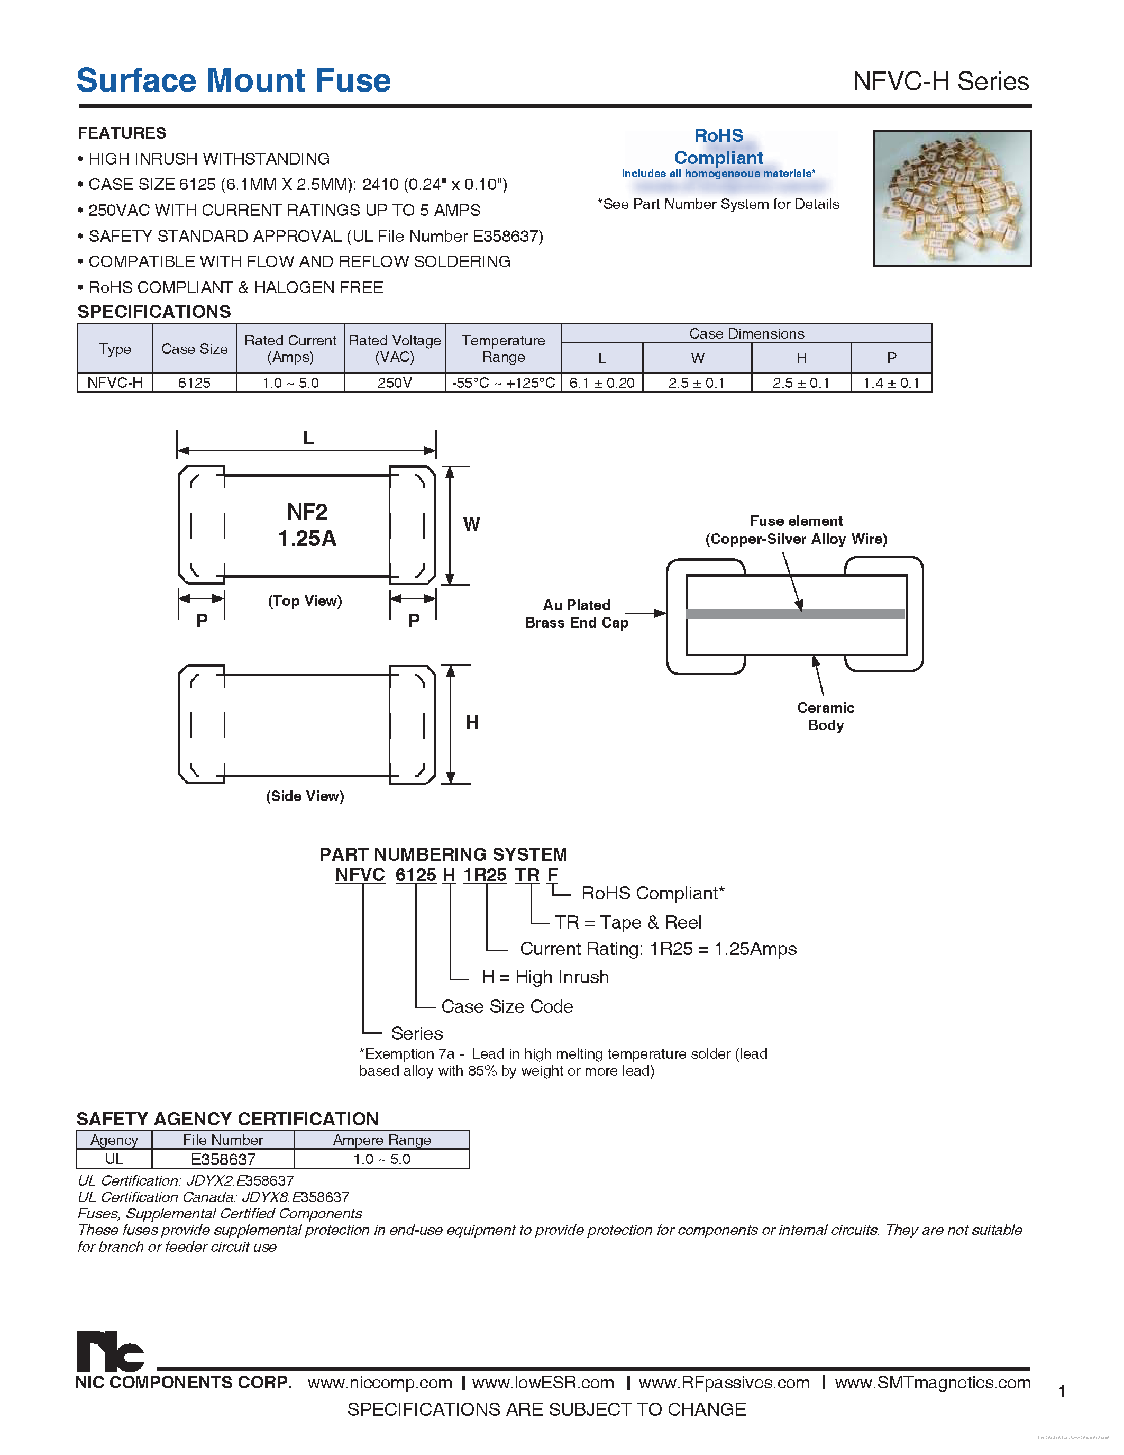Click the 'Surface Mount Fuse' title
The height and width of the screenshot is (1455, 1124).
point(233,80)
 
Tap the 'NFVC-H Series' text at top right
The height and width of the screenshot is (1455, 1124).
point(940,82)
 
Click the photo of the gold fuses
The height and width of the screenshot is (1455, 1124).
point(952,198)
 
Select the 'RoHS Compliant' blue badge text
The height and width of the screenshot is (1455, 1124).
point(718,147)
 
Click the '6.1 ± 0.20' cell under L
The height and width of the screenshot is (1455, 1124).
point(602,383)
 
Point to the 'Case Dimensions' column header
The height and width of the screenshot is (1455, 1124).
point(746,334)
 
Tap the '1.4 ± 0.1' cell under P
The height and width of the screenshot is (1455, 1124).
point(891,383)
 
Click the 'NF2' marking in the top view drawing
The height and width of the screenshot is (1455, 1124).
point(307,512)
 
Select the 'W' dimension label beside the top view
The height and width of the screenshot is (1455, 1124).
point(471,524)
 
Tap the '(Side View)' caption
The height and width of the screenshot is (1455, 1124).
point(305,796)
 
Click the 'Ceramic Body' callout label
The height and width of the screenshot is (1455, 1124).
point(825,716)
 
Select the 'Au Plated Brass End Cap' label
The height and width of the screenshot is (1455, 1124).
point(577,614)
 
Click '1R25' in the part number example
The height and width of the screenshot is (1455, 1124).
point(485,875)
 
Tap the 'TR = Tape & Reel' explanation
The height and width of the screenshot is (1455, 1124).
point(627,922)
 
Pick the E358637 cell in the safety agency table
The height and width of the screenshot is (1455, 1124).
point(223,1159)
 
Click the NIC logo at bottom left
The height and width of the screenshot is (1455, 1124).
point(110,1351)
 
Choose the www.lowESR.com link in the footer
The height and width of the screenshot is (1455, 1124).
point(543,1383)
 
